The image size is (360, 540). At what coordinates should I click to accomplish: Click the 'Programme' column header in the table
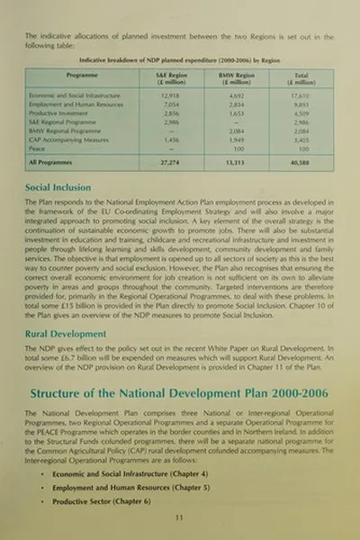pyautogui.click(x=77, y=76)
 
